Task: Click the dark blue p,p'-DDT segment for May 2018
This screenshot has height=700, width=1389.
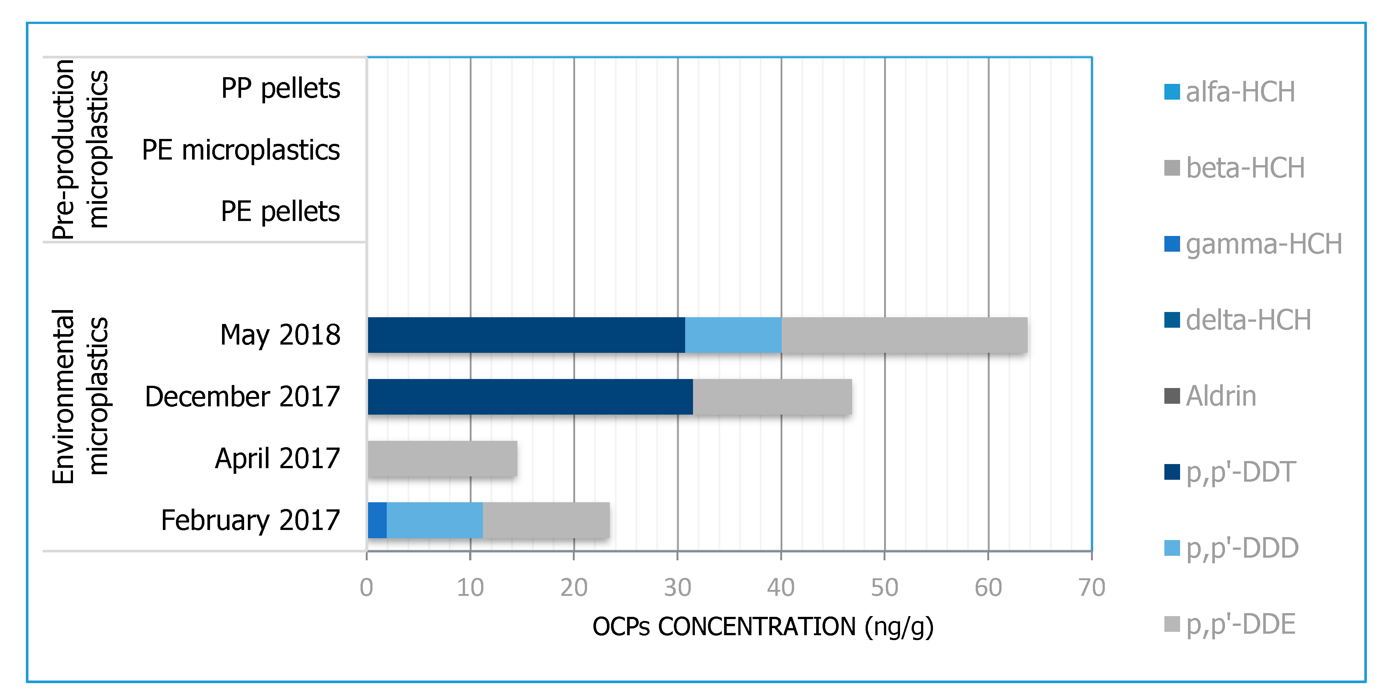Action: point(526,335)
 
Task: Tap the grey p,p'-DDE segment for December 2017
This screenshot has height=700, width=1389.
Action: point(772,397)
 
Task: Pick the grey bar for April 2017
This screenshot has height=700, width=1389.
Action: point(442,458)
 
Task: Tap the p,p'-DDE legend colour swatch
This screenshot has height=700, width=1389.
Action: point(1172,624)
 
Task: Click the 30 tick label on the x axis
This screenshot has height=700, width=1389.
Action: point(677,587)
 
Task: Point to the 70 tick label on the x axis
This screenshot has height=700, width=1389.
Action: point(1091,587)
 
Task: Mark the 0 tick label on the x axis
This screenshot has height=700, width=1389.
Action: point(367,587)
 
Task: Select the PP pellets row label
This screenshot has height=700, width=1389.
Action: point(280,88)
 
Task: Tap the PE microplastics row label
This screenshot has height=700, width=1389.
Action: point(240,150)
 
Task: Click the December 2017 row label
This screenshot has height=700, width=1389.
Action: point(242,397)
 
